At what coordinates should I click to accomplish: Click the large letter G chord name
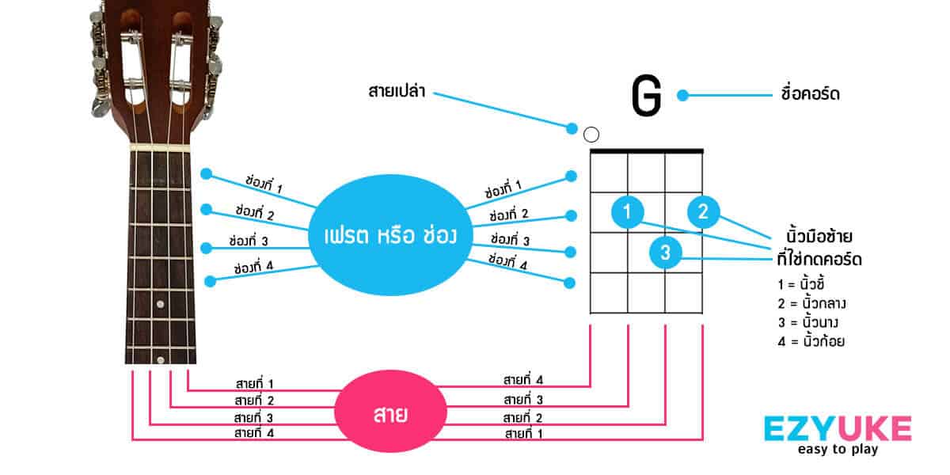tap(646, 96)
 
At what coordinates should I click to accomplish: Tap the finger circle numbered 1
tap(627, 212)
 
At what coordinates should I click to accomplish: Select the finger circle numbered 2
tap(703, 212)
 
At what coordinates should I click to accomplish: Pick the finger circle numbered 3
tap(665, 253)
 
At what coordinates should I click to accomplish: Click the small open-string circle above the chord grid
tap(591, 135)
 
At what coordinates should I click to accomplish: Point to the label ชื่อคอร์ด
tap(810, 94)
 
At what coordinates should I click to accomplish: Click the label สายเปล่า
tap(397, 91)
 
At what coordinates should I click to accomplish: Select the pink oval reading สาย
tap(386, 412)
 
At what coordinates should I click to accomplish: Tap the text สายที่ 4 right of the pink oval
tap(523, 380)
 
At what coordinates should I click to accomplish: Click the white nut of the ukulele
tap(161, 148)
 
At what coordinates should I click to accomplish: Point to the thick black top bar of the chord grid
tap(647, 150)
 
